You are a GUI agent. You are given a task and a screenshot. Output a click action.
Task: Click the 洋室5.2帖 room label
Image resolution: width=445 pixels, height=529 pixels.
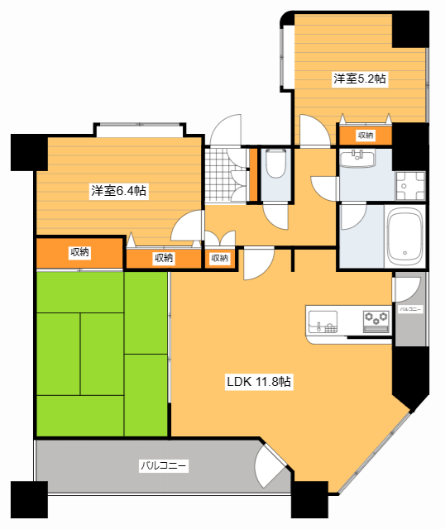point(360,79)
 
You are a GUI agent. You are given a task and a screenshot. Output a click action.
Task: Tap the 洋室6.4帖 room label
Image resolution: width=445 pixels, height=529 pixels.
point(119,191)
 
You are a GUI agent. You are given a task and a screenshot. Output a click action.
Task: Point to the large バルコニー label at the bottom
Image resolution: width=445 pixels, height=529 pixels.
point(163,466)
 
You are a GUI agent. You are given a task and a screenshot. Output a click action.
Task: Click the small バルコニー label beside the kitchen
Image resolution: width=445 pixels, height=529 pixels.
point(410,309)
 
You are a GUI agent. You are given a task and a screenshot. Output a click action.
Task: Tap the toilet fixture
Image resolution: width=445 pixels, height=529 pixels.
point(275,165)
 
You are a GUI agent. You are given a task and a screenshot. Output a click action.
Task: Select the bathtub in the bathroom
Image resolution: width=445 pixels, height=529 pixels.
point(405,236)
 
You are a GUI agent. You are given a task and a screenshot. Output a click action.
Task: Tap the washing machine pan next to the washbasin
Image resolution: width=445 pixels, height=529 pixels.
point(409,186)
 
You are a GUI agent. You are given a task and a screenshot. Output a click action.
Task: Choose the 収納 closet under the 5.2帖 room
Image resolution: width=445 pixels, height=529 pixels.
point(365,135)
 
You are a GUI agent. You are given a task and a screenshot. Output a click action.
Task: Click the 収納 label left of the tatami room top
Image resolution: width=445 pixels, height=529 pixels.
point(80,252)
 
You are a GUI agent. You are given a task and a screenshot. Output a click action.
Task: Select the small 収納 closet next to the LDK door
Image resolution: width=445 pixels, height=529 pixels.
point(219,259)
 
